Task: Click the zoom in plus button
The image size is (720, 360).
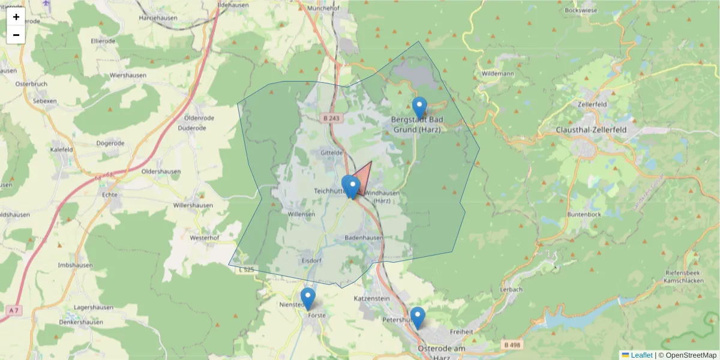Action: pos(16,17)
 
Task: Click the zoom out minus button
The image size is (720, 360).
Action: pos(16,35)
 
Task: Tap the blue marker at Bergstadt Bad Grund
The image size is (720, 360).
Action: pos(420,108)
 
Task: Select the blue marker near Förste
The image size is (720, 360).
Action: pos(308,298)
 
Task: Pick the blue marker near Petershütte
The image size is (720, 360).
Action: pos(417,317)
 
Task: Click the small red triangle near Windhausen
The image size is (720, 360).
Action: pos(364,179)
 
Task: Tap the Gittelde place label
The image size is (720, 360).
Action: pos(331,153)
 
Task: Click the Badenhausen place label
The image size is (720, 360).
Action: pos(364,238)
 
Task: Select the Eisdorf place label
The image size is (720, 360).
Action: pos(312,260)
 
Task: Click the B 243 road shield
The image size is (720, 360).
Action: pos(329,118)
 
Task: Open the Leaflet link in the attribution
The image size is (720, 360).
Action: pos(641,355)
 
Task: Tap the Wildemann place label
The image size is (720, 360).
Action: pos(498,74)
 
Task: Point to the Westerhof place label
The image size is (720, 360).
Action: pos(204,238)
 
